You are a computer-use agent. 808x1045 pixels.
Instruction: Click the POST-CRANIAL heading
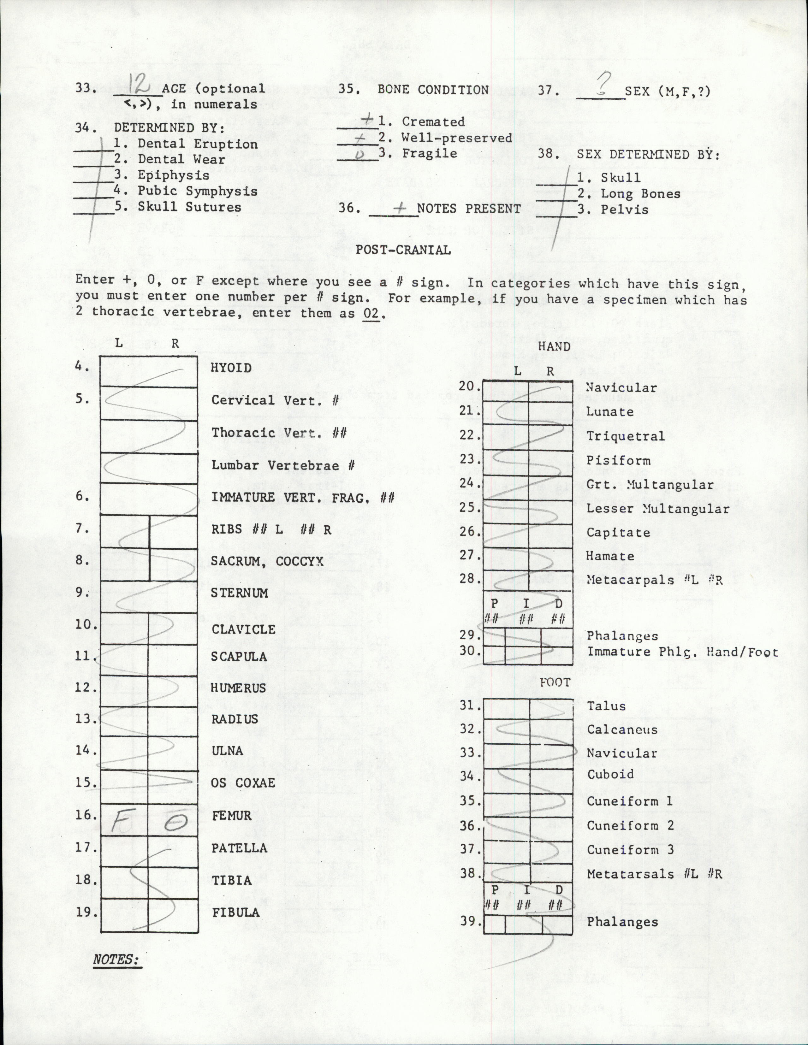[403, 250]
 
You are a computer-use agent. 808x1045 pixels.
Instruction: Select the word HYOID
[231, 368]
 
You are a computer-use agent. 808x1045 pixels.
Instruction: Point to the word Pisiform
[618, 460]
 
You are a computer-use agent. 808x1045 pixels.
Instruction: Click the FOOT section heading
[555, 682]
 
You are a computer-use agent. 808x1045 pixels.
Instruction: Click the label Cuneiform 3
[630, 850]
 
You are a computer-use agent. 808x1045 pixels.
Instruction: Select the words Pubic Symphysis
[197, 191]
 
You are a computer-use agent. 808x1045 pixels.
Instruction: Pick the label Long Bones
[640, 194]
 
